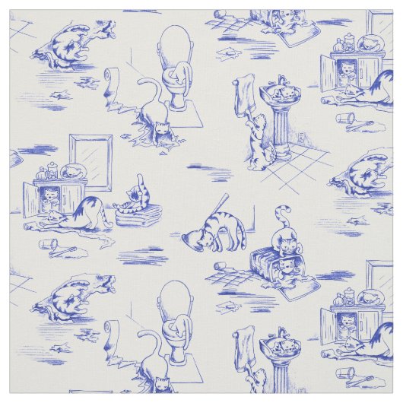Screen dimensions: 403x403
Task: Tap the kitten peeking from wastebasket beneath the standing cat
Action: pos(287,266)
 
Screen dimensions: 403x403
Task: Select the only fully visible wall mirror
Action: pos(90,161)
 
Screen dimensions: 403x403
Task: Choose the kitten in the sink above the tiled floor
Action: pos(279,92)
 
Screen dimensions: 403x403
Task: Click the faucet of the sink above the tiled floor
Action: pos(281,80)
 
